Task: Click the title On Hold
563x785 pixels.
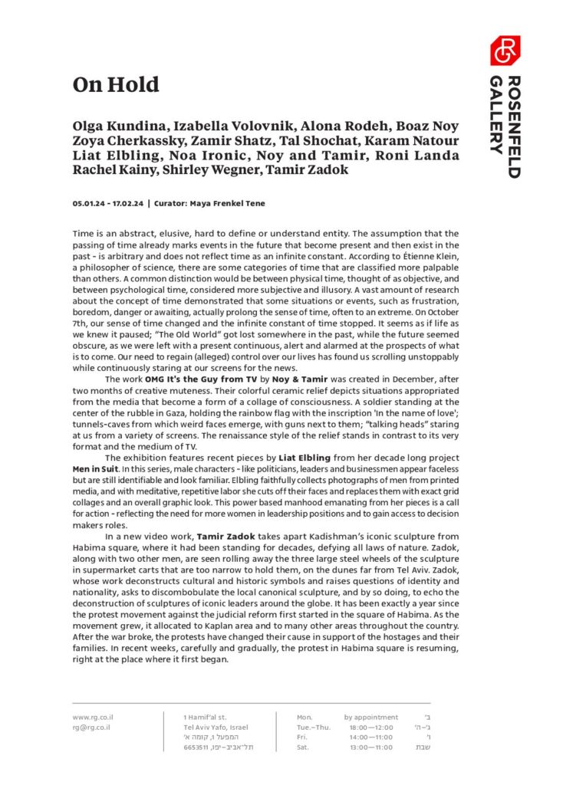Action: [116, 84]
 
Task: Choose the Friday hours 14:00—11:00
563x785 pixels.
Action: [371, 737]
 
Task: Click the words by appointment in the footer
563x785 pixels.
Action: [371, 718]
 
